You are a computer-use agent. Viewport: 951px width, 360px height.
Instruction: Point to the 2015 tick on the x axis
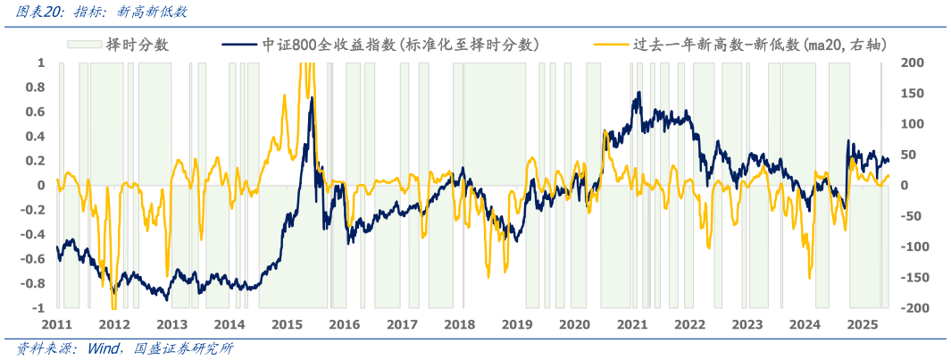[287, 325]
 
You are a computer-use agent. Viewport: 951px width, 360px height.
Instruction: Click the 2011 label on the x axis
[56, 325]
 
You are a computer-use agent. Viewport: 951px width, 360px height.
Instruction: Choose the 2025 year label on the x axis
[862, 325]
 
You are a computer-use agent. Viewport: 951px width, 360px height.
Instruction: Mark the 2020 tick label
[574, 325]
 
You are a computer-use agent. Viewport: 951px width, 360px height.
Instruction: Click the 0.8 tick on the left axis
[36, 88]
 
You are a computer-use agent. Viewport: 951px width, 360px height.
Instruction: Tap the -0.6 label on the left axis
[33, 259]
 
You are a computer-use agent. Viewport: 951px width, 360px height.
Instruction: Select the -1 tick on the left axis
[39, 308]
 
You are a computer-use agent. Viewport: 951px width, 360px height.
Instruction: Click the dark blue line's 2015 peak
[312, 97]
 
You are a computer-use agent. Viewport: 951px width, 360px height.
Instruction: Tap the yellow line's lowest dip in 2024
[809, 277]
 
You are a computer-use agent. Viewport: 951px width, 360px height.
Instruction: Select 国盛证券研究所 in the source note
[184, 349]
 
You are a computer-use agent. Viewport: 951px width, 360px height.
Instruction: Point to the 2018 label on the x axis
[459, 325]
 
